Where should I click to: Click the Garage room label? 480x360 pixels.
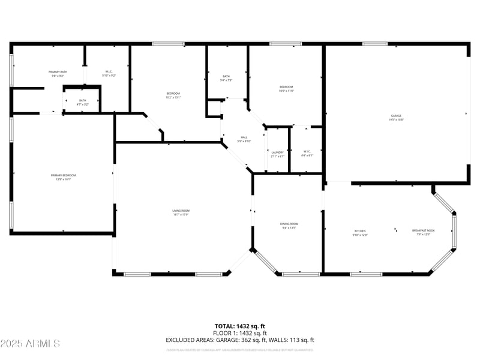click(396, 115)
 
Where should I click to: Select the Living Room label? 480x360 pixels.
click(181, 211)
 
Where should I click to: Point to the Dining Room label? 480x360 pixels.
click(289, 224)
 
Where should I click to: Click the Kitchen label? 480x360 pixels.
click(360, 231)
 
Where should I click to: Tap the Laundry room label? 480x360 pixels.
click(277, 152)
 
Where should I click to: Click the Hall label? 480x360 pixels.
click(227, 137)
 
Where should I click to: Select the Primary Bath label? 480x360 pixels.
click(58, 72)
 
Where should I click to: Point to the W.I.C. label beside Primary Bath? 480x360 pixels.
click(109, 72)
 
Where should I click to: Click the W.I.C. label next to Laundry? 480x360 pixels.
click(307, 151)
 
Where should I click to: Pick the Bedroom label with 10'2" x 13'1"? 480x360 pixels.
click(173, 94)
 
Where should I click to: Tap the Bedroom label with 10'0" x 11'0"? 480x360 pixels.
click(286, 88)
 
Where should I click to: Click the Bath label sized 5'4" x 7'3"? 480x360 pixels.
click(226, 76)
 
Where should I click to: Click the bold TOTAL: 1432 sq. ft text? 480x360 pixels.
click(240, 326)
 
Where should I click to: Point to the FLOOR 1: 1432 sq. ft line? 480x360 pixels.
click(240, 333)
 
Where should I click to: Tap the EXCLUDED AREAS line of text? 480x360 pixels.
click(240, 340)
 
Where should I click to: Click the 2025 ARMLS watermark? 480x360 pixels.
click(30, 343)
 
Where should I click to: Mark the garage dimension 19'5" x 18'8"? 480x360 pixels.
click(396, 119)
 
